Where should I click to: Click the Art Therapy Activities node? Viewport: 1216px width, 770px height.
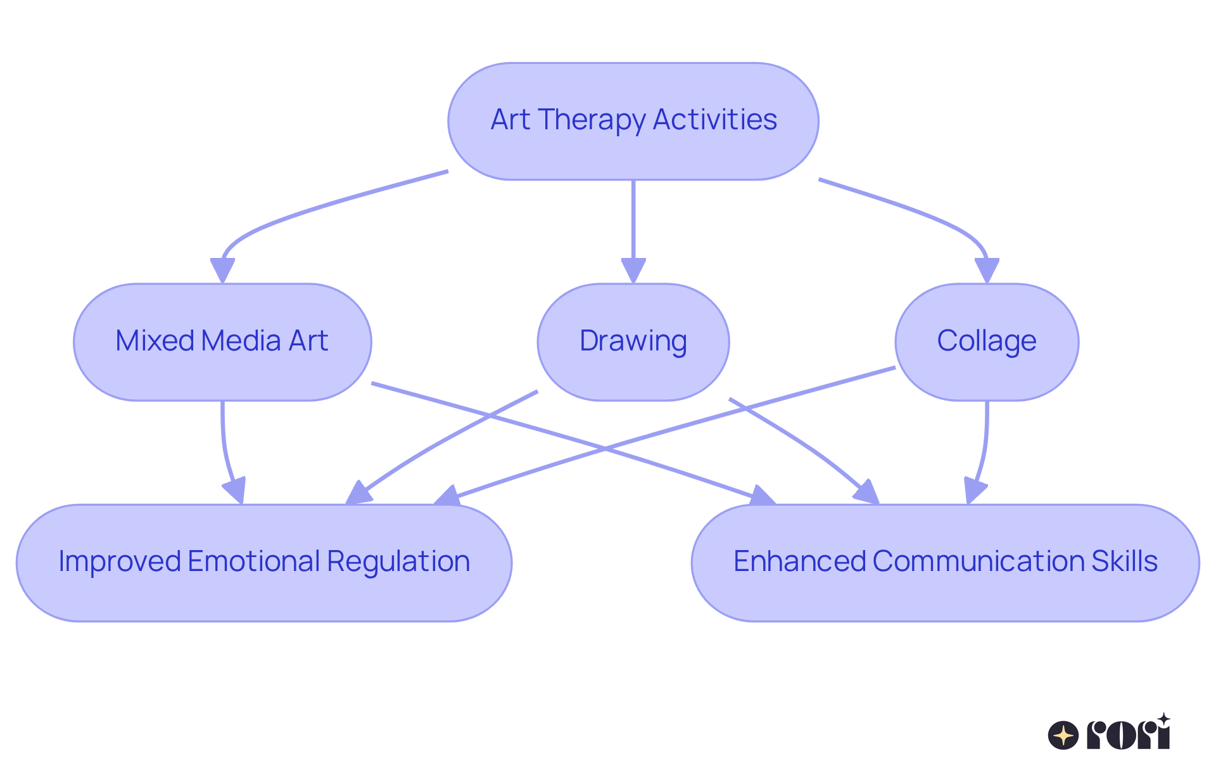633,121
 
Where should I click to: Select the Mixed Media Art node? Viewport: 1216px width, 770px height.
222,342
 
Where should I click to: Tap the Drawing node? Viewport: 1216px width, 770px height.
633,342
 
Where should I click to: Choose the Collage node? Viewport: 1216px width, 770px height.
987,342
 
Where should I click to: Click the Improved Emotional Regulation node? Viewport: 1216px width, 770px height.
264,563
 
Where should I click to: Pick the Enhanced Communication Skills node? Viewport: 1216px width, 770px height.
946,563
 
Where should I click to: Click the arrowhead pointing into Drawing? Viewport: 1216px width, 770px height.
633,270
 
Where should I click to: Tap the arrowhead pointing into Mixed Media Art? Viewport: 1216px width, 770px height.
222,270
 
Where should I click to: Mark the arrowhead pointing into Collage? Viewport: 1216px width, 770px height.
987,270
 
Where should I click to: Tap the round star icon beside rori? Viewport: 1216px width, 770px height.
1063,736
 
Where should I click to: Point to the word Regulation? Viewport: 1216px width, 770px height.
398,561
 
